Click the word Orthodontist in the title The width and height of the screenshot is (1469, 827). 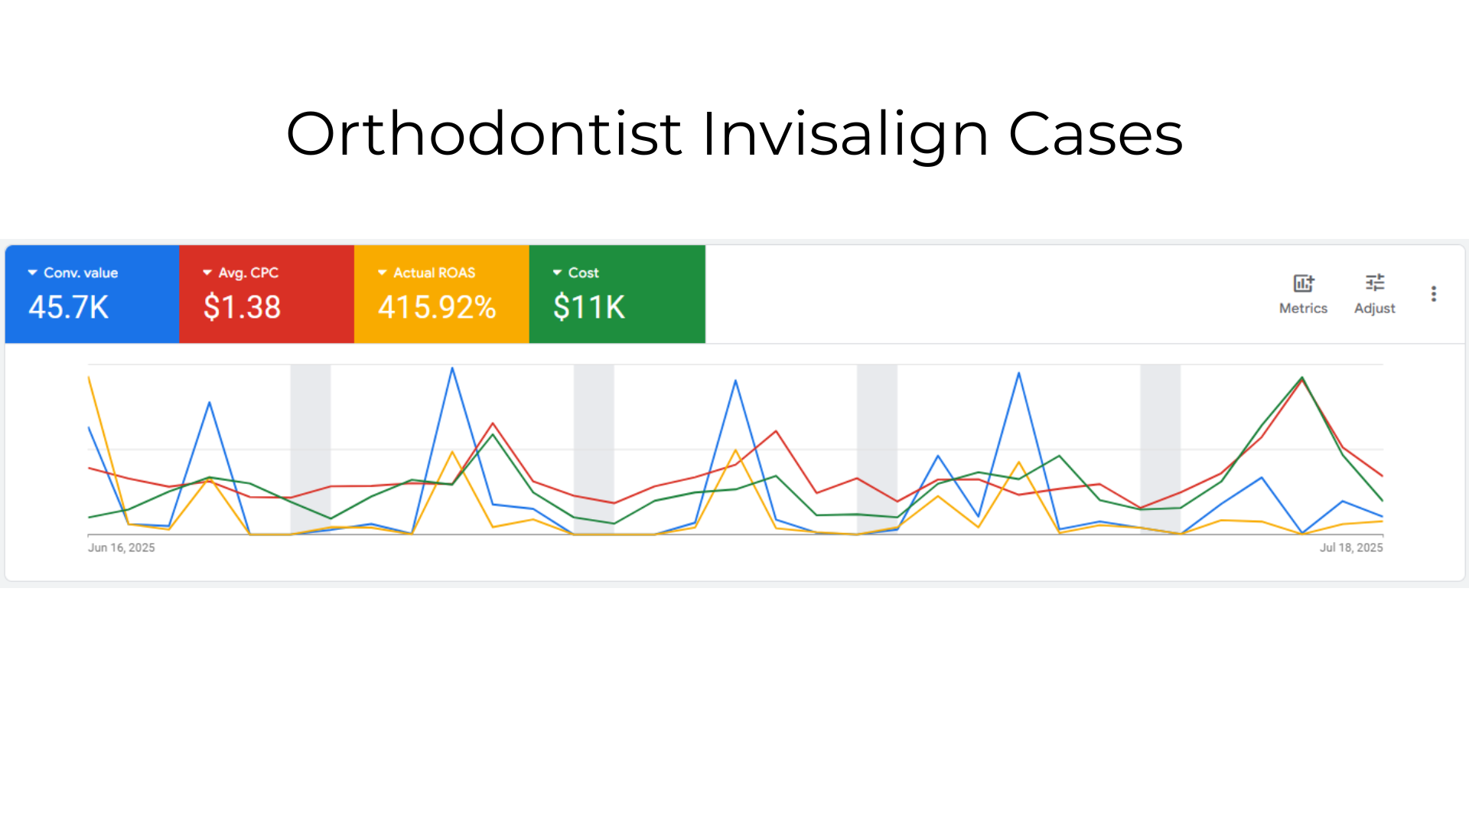click(484, 134)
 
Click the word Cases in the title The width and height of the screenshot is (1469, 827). click(1096, 134)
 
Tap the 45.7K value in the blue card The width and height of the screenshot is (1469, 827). click(69, 307)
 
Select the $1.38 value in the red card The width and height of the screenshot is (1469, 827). click(242, 307)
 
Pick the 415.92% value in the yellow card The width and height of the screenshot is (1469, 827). click(437, 307)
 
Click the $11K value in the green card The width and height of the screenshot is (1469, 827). click(589, 307)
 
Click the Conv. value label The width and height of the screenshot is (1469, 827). click(80, 273)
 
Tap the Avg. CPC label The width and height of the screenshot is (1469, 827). click(248, 273)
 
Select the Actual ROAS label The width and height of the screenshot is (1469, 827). click(434, 273)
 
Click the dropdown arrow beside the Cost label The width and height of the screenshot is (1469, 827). click(557, 273)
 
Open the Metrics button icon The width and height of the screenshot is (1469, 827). click(1303, 283)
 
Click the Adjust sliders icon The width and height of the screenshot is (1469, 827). click(1375, 283)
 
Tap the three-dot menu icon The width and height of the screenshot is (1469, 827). click(1434, 294)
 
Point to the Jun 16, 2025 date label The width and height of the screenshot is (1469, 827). click(121, 548)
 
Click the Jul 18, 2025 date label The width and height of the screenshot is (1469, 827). click(1351, 548)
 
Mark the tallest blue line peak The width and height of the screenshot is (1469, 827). click(452, 368)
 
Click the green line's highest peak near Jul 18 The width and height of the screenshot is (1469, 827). click(1302, 378)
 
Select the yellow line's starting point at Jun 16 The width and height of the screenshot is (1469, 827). click(90, 377)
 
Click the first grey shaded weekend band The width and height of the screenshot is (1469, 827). click(311, 449)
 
